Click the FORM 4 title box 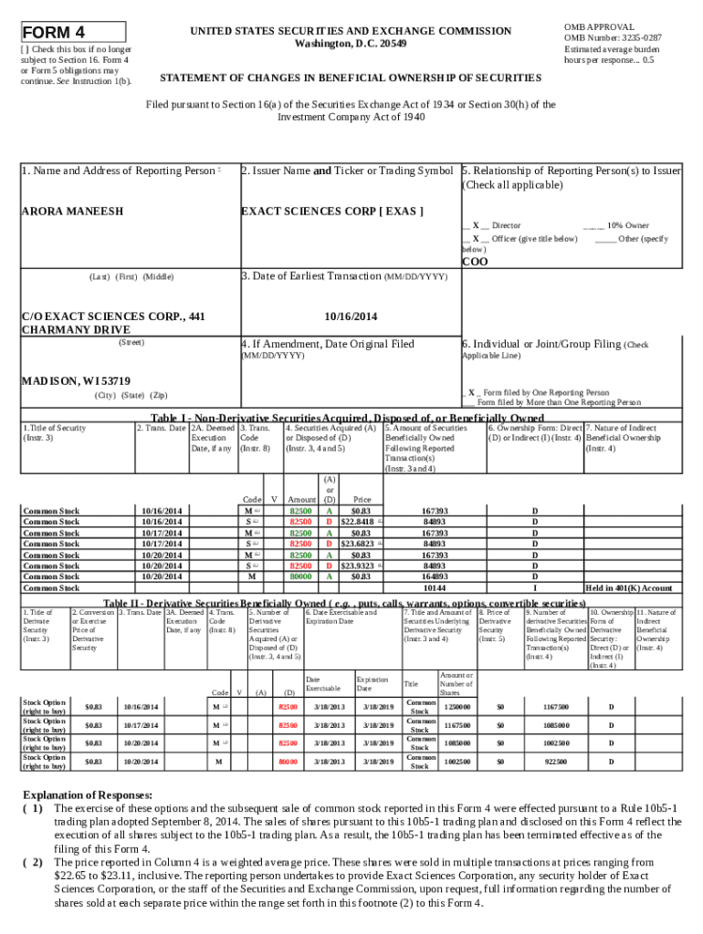pyautogui.click(x=72, y=31)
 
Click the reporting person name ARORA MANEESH pyautogui.click(x=72, y=211)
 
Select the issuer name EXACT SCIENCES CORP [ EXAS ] pyautogui.click(x=331, y=211)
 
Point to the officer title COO pyautogui.click(x=475, y=262)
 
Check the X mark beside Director pyautogui.click(x=476, y=225)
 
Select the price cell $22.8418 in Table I pyautogui.click(x=358, y=522)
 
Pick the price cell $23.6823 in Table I pyautogui.click(x=358, y=544)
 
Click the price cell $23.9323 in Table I pyautogui.click(x=358, y=566)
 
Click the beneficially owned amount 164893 pyautogui.click(x=435, y=576)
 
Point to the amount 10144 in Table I pyautogui.click(x=435, y=588)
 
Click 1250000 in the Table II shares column pyautogui.click(x=457, y=707)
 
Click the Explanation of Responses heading pyautogui.click(x=88, y=795)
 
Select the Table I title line pyautogui.click(x=341, y=418)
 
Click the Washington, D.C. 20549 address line pyautogui.click(x=351, y=44)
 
